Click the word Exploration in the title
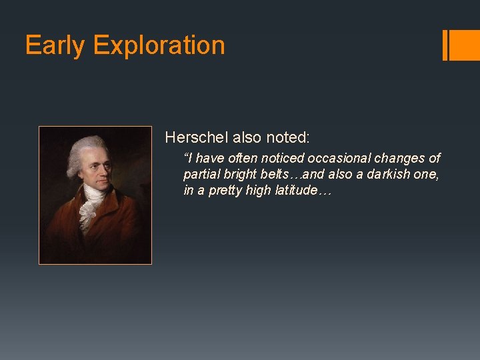[x=159, y=45]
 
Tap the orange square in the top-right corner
[x=465, y=45]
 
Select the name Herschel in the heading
[x=197, y=137]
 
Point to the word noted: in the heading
[x=288, y=137]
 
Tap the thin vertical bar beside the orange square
[x=445, y=45]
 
